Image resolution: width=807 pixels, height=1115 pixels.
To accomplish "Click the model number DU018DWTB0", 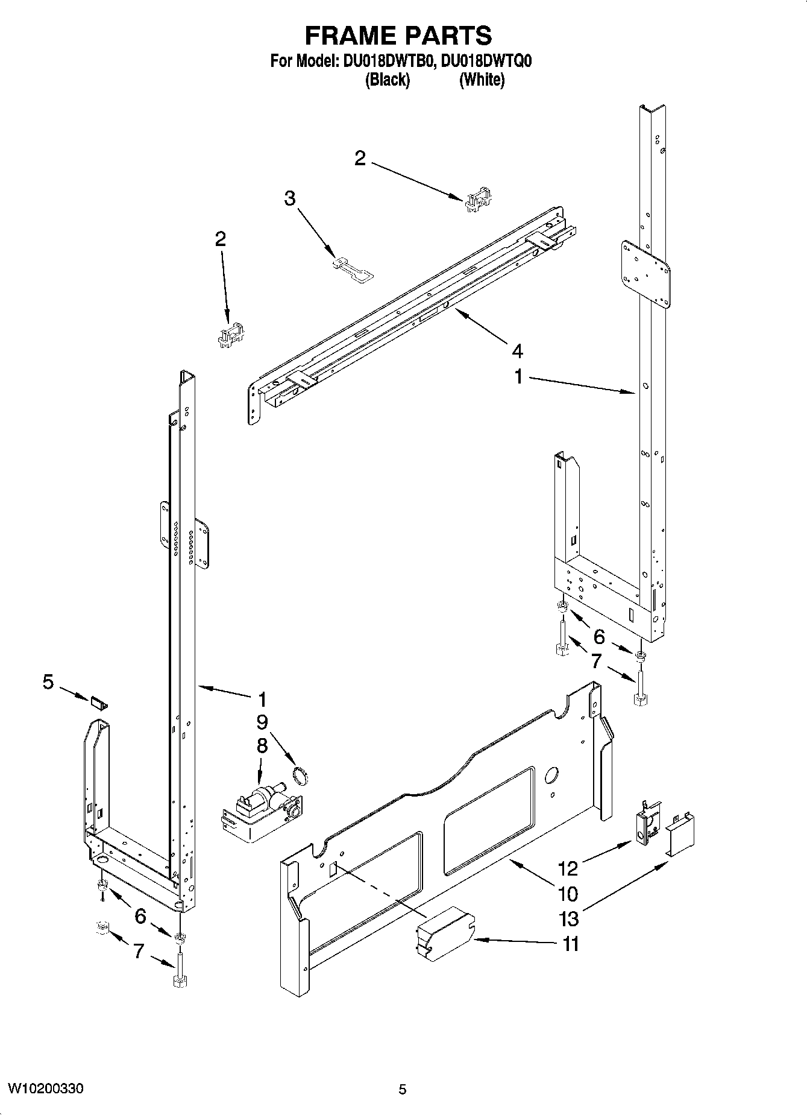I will (385, 62).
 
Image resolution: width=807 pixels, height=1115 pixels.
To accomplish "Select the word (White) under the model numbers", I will (482, 80).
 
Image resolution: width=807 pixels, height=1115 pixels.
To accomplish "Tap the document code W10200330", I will (45, 1088).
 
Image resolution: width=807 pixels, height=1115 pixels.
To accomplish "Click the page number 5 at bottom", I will (402, 1089).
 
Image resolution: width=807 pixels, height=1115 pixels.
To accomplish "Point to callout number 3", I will (290, 198).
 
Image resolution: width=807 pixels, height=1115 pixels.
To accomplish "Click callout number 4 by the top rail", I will (517, 350).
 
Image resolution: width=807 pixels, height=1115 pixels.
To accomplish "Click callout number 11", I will (570, 944).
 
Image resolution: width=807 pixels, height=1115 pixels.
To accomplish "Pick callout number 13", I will (568, 918).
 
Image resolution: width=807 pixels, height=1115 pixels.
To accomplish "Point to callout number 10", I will (568, 893).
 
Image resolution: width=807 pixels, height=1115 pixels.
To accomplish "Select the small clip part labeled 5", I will (99, 703).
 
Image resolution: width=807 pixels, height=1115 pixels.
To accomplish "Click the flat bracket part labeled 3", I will (354, 269).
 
